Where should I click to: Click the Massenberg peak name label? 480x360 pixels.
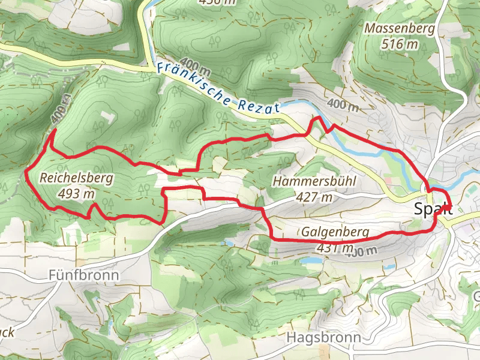pyautogui.click(x=391, y=28)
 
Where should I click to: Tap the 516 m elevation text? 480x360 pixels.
pyautogui.click(x=399, y=44)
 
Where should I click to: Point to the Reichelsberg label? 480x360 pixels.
pyautogui.click(x=77, y=178)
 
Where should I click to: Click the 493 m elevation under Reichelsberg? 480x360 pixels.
pyautogui.click(x=77, y=193)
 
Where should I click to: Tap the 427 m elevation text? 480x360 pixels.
pyautogui.click(x=314, y=196)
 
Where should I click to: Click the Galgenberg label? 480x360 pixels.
pyautogui.click(x=335, y=232)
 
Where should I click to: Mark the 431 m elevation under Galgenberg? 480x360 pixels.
pyautogui.click(x=327, y=247)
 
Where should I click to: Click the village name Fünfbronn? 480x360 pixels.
pyautogui.click(x=83, y=275)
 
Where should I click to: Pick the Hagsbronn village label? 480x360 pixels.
pyautogui.click(x=324, y=338)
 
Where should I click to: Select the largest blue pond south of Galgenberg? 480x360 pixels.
pyautogui.click(x=311, y=261)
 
